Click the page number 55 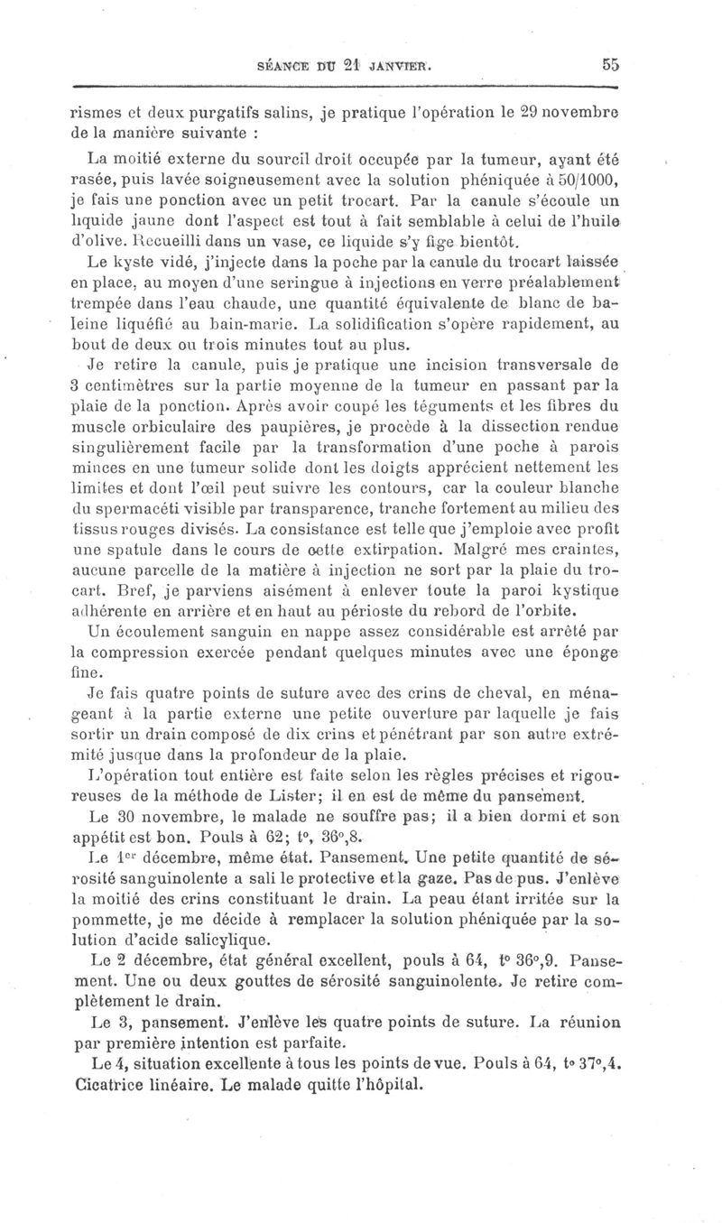click(606, 64)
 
